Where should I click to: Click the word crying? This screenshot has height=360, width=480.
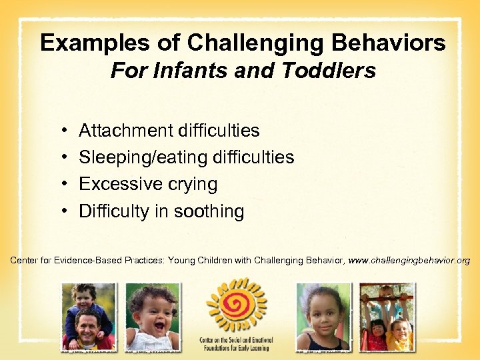[x=193, y=184]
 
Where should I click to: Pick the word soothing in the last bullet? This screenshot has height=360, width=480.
[x=209, y=211]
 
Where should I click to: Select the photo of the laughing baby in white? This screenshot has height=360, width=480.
[x=153, y=317]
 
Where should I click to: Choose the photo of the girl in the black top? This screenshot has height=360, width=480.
[x=323, y=317]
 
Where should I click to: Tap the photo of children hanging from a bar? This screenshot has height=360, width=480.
[x=387, y=317]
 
